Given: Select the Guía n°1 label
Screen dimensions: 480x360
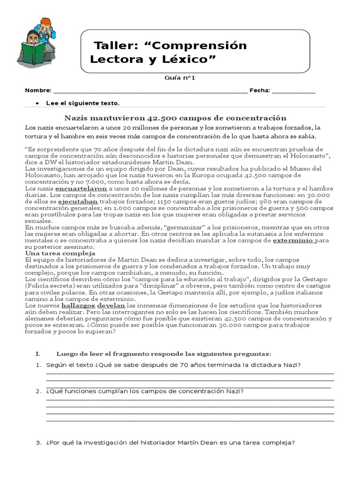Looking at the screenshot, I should (180, 78).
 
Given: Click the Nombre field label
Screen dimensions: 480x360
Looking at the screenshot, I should (37, 90).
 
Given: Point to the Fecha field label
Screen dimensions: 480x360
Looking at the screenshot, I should (260, 90).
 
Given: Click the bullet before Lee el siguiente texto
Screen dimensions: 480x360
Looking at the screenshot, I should (37, 103).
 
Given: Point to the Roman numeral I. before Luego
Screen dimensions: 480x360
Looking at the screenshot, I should (38, 353).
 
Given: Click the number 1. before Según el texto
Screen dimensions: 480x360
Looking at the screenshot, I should (39, 365).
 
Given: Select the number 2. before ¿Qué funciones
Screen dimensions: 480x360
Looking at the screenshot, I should (39, 391).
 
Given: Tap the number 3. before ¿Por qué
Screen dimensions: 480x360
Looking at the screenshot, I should (39, 442).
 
